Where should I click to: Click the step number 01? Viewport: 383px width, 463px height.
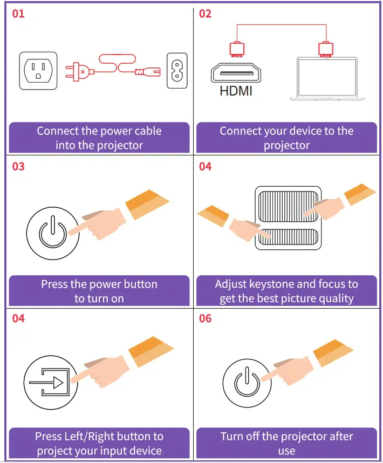coord(18,13)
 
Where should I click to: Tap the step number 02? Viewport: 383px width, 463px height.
coord(206,13)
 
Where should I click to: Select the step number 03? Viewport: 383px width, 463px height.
coord(18,166)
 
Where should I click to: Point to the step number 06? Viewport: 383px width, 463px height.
coord(206,318)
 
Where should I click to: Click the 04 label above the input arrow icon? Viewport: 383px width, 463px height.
coord(18,318)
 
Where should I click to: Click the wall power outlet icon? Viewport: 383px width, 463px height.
coord(38,70)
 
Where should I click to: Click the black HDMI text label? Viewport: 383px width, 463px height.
coord(236,91)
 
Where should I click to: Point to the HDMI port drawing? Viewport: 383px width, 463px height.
coord(235,71)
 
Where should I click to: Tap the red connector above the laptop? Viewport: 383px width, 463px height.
coord(324,49)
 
